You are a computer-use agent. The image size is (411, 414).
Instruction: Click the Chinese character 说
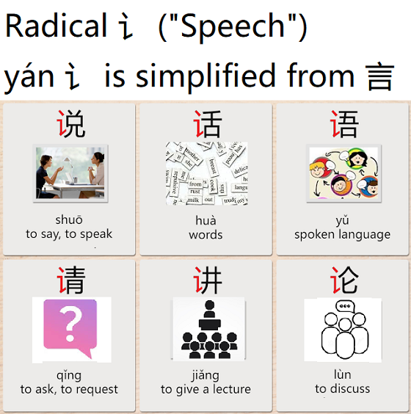coord(70,124)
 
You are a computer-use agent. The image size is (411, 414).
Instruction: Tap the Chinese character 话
coord(206,124)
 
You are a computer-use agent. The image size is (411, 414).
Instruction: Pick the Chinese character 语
coord(343,124)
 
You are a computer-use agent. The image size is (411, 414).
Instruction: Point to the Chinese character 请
coord(70,280)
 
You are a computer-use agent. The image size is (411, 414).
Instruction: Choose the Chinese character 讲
coord(206,280)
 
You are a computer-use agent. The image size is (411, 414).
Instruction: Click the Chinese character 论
coord(343,280)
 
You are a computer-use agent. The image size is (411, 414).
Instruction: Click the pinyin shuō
coord(69,219)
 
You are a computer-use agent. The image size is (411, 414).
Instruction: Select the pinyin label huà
coord(205,219)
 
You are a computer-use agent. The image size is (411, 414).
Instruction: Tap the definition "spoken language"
coord(342,235)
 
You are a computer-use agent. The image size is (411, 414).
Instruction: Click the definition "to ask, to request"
coord(69,390)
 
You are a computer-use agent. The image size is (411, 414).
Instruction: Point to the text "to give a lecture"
coord(205,390)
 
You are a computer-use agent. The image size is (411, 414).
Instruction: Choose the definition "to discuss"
coord(342,389)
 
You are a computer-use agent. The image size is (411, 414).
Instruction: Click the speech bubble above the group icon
coord(343,306)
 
